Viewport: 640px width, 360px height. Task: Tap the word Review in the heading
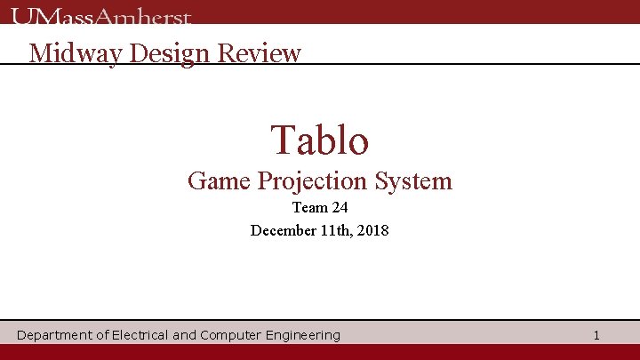pyautogui.click(x=260, y=53)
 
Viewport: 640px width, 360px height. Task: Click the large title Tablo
pyautogui.click(x=320, y=140)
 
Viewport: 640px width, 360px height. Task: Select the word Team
pyautogui.click(x=308, y=208)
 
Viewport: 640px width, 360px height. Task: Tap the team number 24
pyautogui.click(x=339, y=208)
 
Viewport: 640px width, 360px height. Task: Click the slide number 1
pyautogui.click(x=596, y=335)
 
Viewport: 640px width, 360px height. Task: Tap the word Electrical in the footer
pyautogui.click(x=140, y=335)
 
